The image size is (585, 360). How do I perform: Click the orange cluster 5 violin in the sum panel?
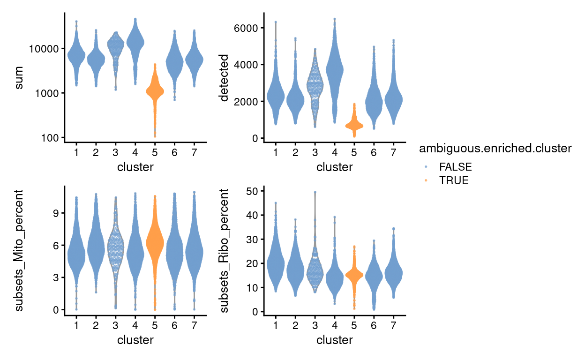(155, 92)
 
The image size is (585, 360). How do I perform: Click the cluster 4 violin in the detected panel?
(335, 70)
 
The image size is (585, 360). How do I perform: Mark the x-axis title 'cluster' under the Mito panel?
(135, 340)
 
